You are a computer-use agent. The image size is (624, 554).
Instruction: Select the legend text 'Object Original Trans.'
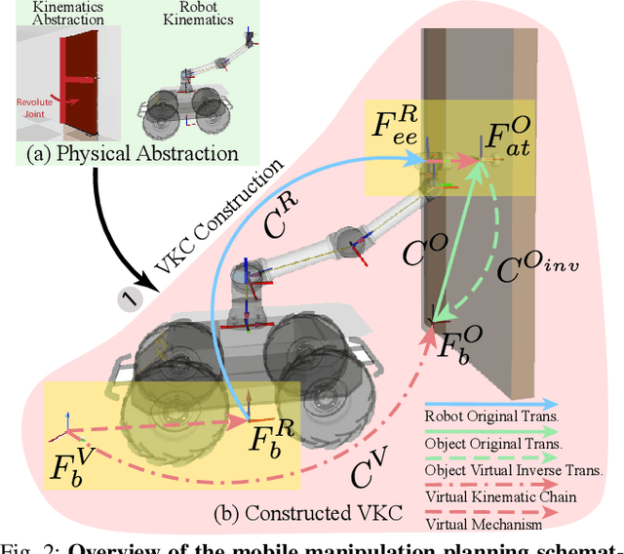[480, 443]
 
